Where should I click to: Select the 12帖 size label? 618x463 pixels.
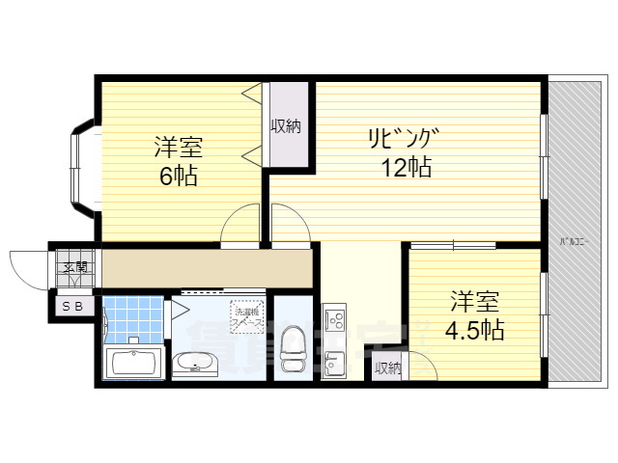(405, 167)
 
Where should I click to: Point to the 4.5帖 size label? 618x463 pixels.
(473, 330)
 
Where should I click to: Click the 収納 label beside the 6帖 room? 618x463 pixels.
(286, 125)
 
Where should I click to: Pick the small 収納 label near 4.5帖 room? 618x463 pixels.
(387, 368)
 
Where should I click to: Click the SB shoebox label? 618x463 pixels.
(72, 306)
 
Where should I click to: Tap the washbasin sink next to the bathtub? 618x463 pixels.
(196, 363)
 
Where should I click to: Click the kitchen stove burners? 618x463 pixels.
(334, 317)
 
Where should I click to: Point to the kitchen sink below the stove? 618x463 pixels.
(333, 365)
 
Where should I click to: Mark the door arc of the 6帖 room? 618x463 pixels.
(240, 228)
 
